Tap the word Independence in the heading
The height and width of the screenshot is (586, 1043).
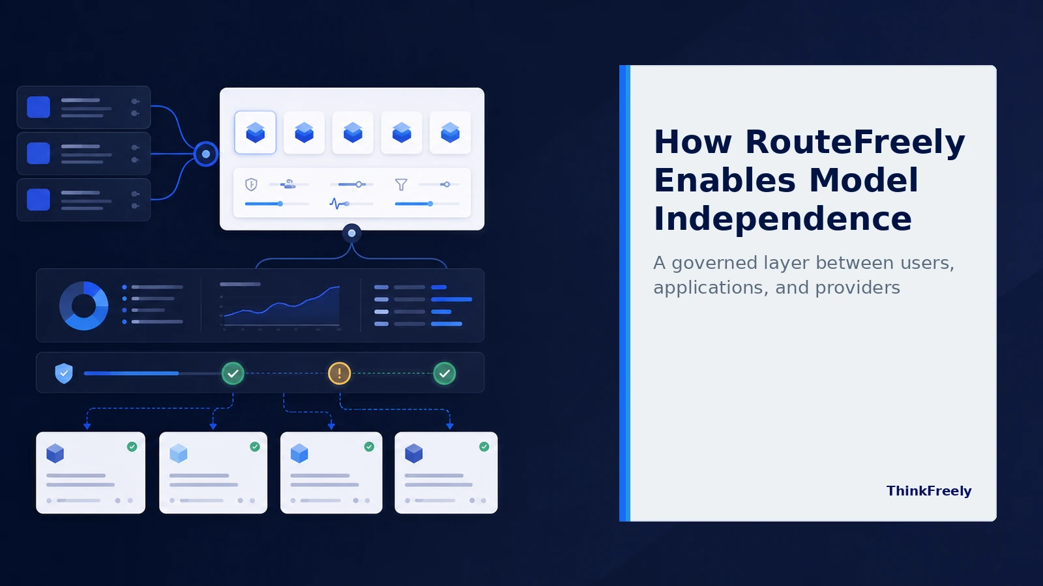783,219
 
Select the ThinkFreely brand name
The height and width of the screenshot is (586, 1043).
928,491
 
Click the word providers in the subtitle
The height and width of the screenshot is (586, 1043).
857,288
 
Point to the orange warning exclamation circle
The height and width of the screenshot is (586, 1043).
340,373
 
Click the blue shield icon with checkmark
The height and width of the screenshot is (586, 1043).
64,373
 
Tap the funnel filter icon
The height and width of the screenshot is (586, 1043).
401,185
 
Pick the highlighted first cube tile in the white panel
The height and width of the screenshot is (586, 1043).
255,133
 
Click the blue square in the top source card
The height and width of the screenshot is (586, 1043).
38,107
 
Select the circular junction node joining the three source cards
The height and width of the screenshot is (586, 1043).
206,154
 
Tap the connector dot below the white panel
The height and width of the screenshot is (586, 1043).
351,233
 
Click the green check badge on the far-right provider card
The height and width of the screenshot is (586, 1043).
484,447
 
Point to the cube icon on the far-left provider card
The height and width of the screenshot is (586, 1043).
55,453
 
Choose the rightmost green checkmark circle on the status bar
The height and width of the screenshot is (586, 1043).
445,373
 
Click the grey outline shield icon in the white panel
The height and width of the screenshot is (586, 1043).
251,185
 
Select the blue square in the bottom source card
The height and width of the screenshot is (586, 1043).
38,199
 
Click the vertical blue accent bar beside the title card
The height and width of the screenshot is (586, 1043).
624,293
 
